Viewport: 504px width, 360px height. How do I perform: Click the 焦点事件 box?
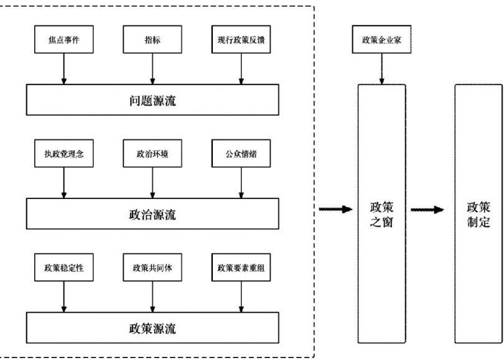click(x=64, y=40)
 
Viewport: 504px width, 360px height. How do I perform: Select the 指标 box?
click(x=152, y=40)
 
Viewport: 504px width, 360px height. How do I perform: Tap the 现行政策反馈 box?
click(x=241, y=40)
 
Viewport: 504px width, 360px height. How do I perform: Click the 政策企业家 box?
click(x=381, y=40)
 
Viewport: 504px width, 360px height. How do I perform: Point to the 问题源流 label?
click(x=152, y=101)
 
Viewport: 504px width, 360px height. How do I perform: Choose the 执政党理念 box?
click(x=64, y=154)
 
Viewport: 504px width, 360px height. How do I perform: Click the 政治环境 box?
click(x=152, y=154)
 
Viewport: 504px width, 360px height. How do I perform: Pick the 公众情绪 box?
click(x=241, y=154)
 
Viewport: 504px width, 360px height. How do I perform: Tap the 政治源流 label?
click(x=152, y=215)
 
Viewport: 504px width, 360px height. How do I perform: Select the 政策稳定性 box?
click(x=64, y=267)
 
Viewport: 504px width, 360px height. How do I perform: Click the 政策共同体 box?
click(x=152, y=267)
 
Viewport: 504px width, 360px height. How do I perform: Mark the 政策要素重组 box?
click(x=241, y=267)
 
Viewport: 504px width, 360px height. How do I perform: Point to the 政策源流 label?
click(x=152, y=328)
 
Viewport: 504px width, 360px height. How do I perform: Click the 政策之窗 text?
click(x=381, y=215)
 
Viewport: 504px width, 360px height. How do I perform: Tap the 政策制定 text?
click(x=478, y=215)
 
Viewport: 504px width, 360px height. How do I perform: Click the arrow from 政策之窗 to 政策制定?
click(x=427, y=210)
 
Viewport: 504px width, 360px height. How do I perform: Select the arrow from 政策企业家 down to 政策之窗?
click(x=381, y=69)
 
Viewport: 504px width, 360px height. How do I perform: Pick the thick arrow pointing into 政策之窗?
click(x=335, y=210)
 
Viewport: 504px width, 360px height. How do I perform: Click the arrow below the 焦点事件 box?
click(x=64, y=69)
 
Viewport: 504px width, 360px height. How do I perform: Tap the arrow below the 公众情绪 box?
click(x=241, y=183)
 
